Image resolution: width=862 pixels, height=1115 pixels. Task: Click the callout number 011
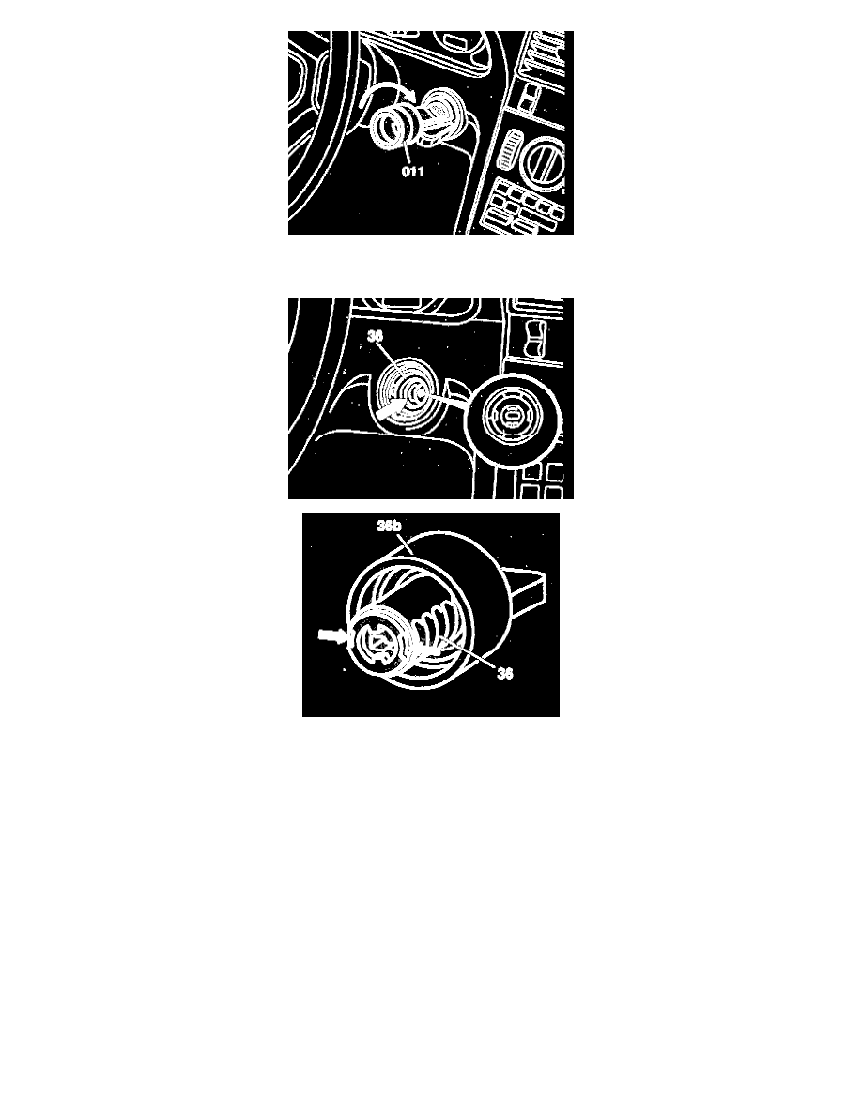pos(413,172)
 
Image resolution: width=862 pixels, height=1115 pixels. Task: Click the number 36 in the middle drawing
pos(376,336)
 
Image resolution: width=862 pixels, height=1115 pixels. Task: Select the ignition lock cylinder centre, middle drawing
pos(412,391)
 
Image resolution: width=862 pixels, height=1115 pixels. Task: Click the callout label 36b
pos(389,526)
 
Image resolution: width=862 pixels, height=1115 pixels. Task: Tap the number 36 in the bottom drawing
pos(505,673)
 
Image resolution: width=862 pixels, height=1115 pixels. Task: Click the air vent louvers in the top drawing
pos(545,53)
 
